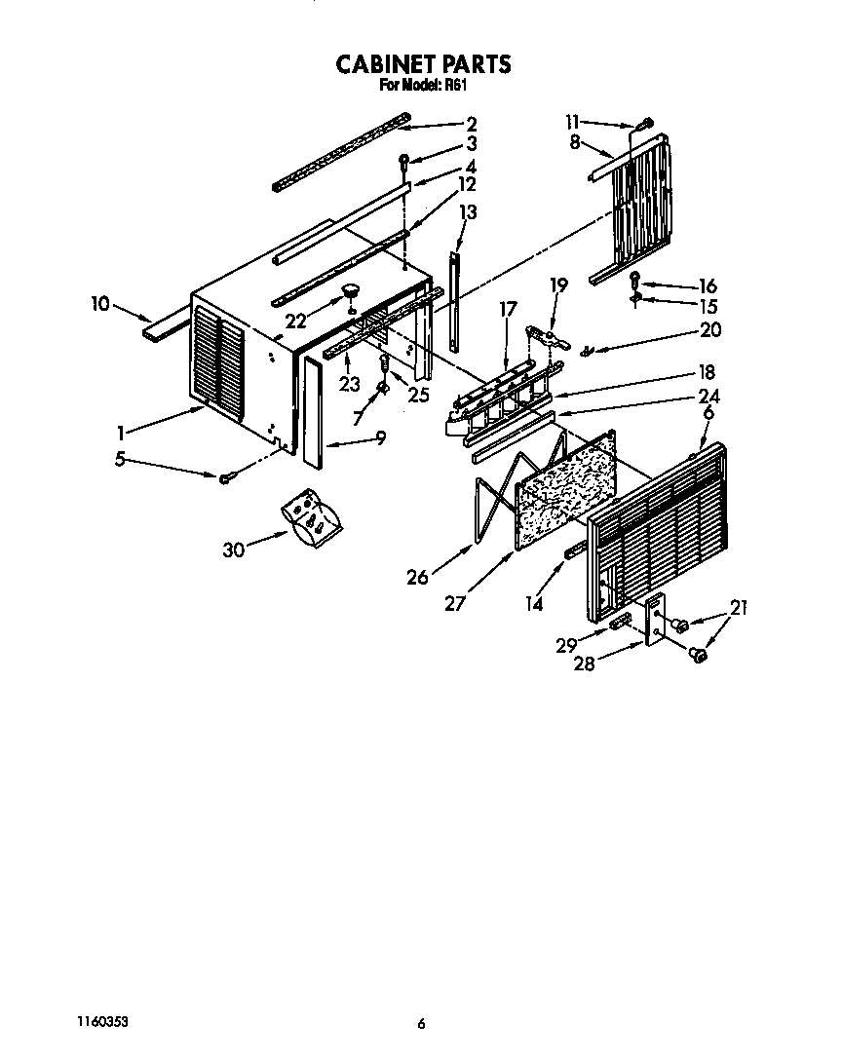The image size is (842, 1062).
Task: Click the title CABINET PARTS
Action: [423, 64]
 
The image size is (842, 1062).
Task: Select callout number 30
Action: [233, 550]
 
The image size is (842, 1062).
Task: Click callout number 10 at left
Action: [99, 304]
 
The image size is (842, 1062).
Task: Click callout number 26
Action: [418, 577]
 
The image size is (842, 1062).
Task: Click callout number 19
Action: [558, 284]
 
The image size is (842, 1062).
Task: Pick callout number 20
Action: [710, 330]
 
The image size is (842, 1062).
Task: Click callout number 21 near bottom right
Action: [738, 608]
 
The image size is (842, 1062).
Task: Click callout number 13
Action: [468, 211]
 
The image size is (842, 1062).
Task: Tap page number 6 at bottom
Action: [421, 1023]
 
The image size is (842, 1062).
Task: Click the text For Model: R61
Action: [423, 85]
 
